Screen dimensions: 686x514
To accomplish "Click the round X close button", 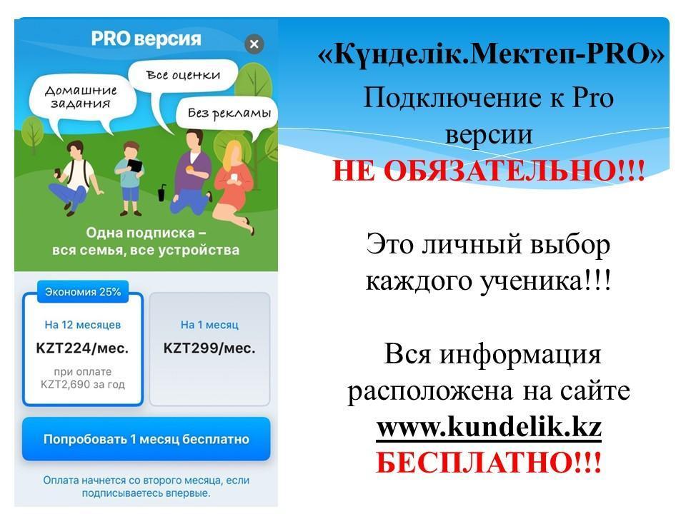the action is (254, 44).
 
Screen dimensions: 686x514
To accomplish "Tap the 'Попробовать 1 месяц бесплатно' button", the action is (146, 439).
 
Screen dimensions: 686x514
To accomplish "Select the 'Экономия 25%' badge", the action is (83, 291).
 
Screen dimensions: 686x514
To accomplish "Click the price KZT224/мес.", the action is (82, 348).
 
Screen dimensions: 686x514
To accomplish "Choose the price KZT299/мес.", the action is (209, 348).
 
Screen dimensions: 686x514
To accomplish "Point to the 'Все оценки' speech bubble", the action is (184, 75).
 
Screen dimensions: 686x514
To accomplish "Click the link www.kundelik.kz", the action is (489, 427).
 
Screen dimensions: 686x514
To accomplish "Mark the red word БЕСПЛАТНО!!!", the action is (489, 462).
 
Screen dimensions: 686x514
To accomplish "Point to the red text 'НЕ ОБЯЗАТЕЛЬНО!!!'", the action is (489, 170).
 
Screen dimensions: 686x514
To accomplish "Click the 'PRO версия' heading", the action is (146, 39).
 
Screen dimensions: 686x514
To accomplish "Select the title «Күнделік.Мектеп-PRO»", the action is (491, 55).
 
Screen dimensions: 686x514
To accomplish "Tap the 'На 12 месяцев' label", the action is (83, 325).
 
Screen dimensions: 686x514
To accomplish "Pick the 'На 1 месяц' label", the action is (209, 325).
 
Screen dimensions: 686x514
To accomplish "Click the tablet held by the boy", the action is (134, 165).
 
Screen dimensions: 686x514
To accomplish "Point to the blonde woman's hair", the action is (232, 155).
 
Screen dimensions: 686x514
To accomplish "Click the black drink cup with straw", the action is (161, 193).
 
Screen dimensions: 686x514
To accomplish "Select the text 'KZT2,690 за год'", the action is (83, 385).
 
